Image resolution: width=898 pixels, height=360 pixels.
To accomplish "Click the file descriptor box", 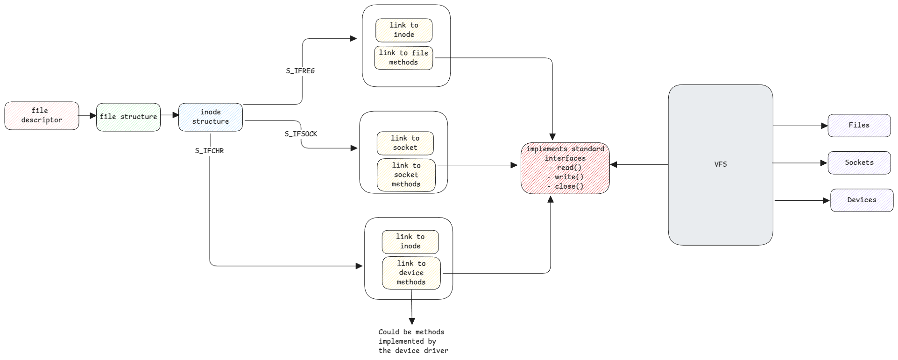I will click(x=42, y=116).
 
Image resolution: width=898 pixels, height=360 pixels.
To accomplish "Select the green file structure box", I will click(x=128, y=117).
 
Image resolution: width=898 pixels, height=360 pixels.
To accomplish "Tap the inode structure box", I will click(x=211, y=117).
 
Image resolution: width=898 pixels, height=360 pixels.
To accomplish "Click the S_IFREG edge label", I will click(x=300, y=71).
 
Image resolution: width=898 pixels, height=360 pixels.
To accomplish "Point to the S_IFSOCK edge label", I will click(x=301, y=134).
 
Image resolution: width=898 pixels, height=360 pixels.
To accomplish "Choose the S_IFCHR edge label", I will click(x=209, y=151).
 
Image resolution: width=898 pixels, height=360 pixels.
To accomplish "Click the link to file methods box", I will click(x=403, y=58).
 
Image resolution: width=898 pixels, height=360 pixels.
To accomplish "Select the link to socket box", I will click(x=405, y=143).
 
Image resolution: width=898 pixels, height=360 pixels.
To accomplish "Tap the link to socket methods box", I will click(x=406, y=175).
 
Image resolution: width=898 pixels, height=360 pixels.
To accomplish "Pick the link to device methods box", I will click(x=411, y=273).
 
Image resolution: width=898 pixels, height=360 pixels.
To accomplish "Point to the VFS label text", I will click(x=721, y=164).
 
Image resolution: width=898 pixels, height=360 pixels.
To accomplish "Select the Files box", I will click(x=859, y=126).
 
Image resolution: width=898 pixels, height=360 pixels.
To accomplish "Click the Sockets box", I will click(x=859, y=163).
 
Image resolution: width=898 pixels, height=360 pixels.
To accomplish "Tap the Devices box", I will click(x=862, y=200).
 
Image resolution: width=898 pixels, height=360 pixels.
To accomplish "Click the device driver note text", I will click(x=413, y=341).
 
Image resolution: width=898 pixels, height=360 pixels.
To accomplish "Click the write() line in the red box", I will click(x=569, y=177).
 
